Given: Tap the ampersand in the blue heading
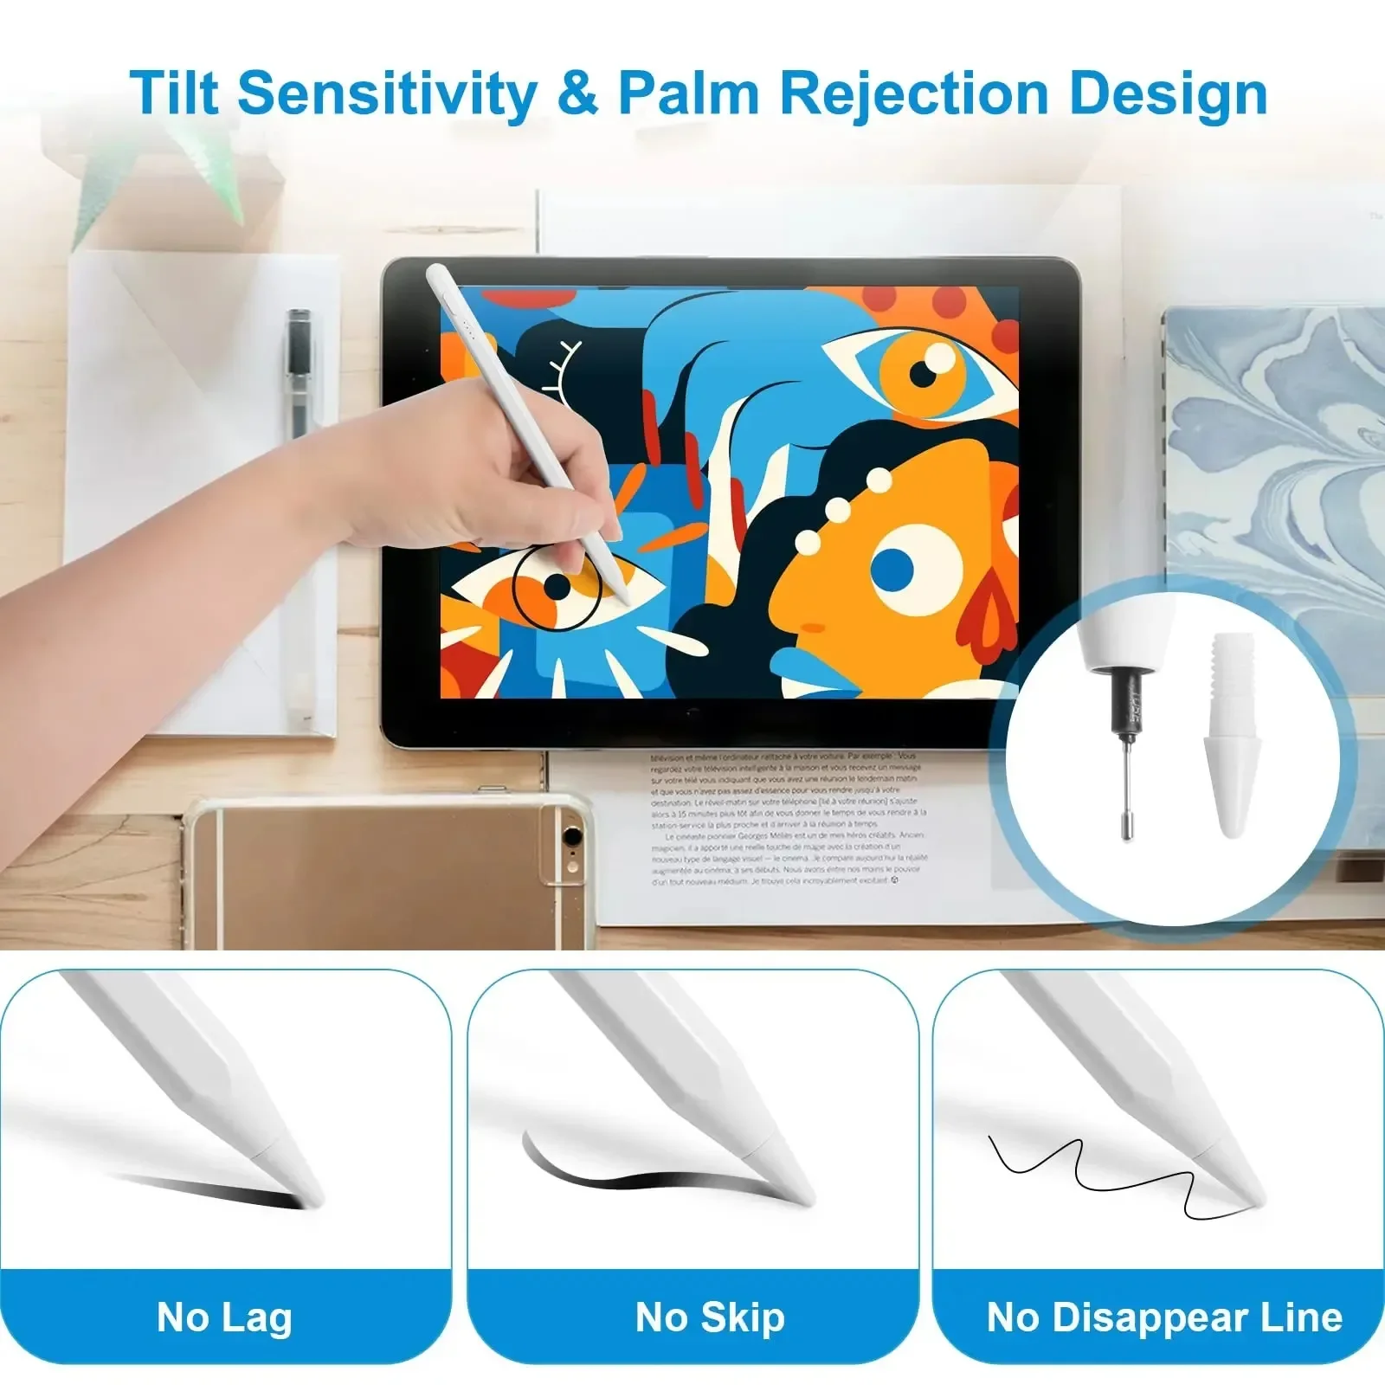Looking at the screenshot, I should coord(577,93).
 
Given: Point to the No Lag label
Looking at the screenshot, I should coord(224,1317).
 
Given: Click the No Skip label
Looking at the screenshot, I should coord(710,1317).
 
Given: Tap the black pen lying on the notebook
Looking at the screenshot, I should coord(300,372).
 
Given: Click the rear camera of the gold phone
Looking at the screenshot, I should coord(571,837).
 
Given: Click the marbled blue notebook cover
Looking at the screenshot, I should coord(1272,450).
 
